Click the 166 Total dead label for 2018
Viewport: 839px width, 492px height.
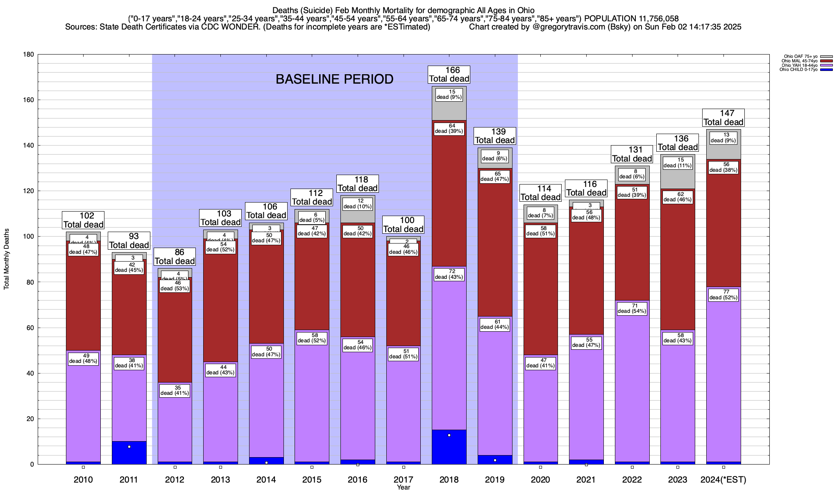pos(449,75)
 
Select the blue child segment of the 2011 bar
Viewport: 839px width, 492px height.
pos(129,453)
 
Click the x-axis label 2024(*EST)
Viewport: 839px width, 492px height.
pos(723,480)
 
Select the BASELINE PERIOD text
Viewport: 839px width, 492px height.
pos(334,79)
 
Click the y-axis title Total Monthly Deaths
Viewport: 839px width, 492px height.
pos(7,259)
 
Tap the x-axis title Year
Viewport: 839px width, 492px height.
pos(403,487)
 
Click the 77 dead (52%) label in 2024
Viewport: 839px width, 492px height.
pos(723,295)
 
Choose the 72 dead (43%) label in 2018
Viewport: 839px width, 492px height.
pos(449,274)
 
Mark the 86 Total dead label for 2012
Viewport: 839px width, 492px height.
pos(175,257)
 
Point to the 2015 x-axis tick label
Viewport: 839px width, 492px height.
pos(312,480)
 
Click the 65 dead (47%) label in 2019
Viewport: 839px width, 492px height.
pos(494,176)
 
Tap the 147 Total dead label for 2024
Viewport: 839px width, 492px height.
pos(723,118)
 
